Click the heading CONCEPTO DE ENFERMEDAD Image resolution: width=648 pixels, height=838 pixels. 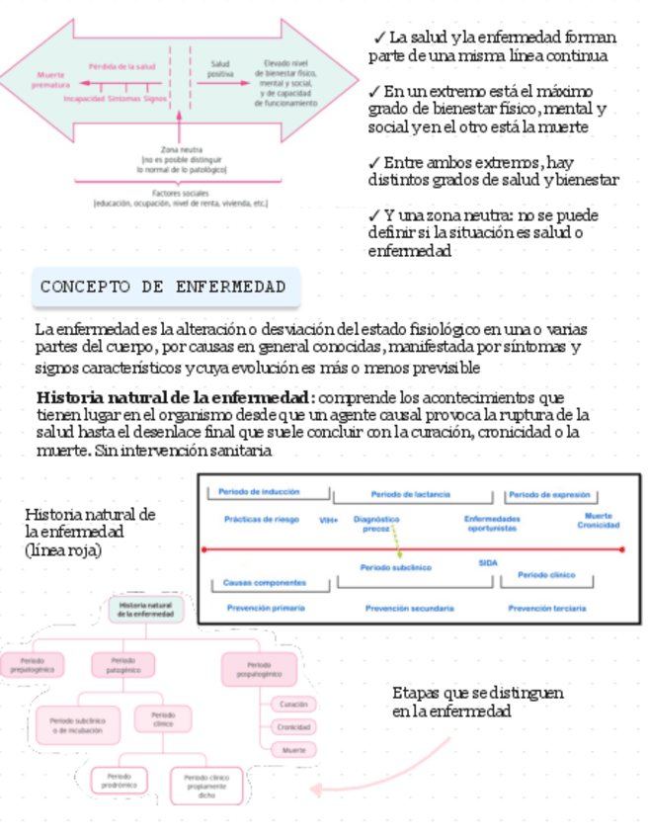[164, 288]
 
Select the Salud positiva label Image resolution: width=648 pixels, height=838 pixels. [220, 69]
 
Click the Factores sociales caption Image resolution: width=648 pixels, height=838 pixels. [181, 198]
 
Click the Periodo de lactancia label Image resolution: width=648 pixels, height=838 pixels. [412, 494]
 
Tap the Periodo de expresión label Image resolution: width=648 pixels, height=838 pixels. [550, 494]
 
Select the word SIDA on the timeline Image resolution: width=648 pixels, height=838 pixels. [488, 562]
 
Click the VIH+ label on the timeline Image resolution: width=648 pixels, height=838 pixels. [329, 519]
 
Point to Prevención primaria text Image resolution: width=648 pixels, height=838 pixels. [266, 609]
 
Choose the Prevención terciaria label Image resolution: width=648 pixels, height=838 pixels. [547, 609]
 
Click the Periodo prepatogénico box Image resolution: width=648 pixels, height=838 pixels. [32, 664]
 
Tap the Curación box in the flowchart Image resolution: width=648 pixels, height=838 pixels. [292, 705]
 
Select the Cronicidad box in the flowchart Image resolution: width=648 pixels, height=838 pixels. [292, 727]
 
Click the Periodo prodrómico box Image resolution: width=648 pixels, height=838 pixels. [120, 781]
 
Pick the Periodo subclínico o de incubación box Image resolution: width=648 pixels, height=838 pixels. [77, 725]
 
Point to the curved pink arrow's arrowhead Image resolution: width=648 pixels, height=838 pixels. [315, 789]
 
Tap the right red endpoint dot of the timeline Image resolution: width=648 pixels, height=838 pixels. [622, 548]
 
